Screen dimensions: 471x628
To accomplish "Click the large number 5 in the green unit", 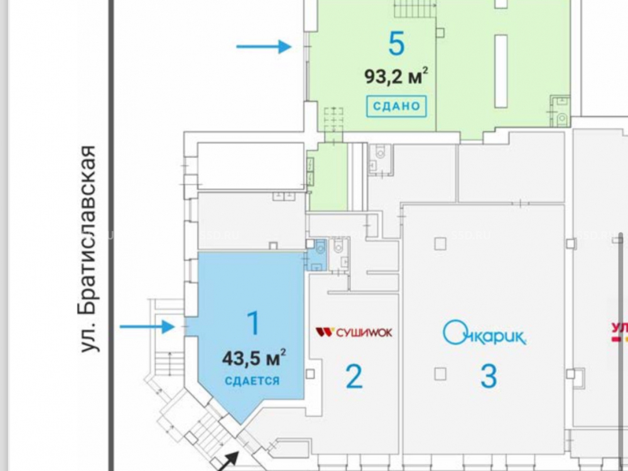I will coord(396,44).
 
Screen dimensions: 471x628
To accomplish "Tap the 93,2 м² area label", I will coord(396,77).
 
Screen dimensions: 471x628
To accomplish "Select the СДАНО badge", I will coord(396,106).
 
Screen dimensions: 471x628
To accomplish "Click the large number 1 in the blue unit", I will coord(253,324).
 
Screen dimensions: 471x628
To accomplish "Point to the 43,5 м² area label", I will coord(254,359).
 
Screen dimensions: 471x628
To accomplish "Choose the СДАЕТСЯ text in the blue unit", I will coord(252,381).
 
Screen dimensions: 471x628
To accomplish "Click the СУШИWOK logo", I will coord(354,332).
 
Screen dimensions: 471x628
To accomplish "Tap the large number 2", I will coord(354,377).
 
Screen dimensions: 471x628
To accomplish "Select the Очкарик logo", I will coord(484,333).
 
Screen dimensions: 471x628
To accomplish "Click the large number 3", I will coord(489,376).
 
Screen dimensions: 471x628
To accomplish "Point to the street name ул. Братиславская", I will coord(90,248).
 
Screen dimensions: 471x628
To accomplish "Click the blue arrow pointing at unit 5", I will coord(264,46).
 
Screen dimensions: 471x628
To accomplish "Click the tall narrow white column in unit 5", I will coord(501,70).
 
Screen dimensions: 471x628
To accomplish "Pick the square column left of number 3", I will coord(440,374).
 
